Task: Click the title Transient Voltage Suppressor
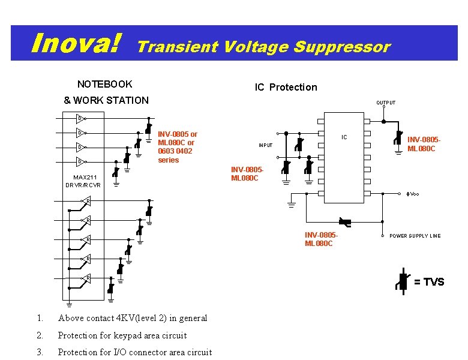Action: point(264,47)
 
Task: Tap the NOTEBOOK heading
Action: point(105,84)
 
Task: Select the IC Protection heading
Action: point(286,87)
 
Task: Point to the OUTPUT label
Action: point(386,103)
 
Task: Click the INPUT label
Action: point(265,145)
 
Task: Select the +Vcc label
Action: point(412,194)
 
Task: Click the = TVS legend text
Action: point(429,282)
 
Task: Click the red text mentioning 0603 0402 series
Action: point(177,147)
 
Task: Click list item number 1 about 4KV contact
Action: point(132,318)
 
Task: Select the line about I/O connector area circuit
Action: point(134,352)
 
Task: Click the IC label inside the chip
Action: point(344,137)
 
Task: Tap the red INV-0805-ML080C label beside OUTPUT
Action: point(424,145)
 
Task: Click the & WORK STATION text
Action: point(106,100)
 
